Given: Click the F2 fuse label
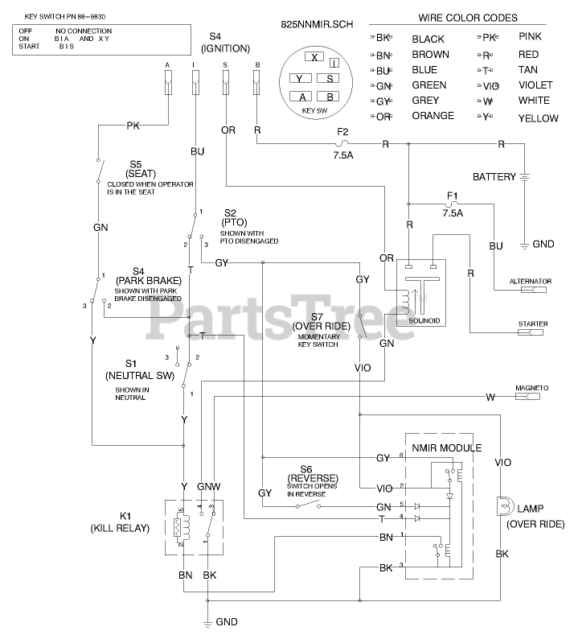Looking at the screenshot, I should click(342, 130).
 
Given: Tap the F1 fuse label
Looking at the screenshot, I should click(452, 194).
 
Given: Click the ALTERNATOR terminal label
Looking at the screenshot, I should click(531, 281).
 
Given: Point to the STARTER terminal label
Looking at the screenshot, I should click(533, 324).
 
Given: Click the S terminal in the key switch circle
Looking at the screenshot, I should click(330, 78).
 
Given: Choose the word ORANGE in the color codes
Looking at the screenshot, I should click(433, 116).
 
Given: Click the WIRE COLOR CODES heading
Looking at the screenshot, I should click(468, 18).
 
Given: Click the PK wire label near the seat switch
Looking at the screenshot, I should click(133, 126).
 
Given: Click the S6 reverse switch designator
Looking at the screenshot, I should click(305, 469).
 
